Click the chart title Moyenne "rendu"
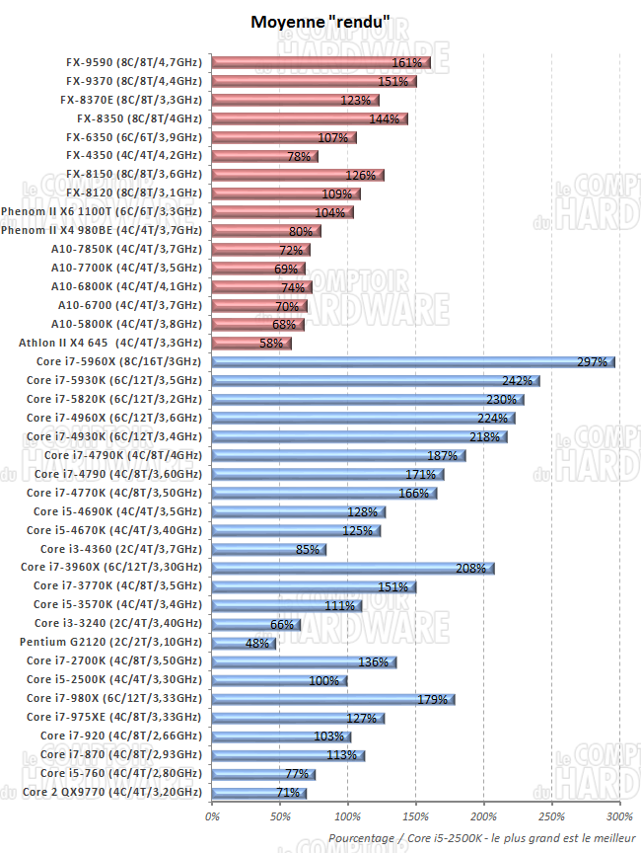pyautogui.click(x=320, y=21)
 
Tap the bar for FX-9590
pyautogui.click(x=320, y=62)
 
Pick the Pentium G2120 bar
pyautogui.click(x=244, y=642)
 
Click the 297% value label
pyautogui.click(x=592, y=362)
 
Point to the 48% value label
pyautogui.click(x=256, y=643)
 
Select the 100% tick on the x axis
pyautogui.click(x=348, y=815)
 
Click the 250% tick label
pyautogui.click(x=551, y=815)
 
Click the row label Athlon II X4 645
pyautogui.click(x=110, y=343)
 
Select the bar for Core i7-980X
pyautogui.click(x=333, y=698)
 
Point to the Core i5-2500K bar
pyautogui.click(x=279, y=679)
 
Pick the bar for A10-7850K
pyautogui.click(x=260, y=249)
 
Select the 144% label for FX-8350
pyautogui.click(x=384, y=118)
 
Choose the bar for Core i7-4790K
pyautogui.click(x=338, y=455)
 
